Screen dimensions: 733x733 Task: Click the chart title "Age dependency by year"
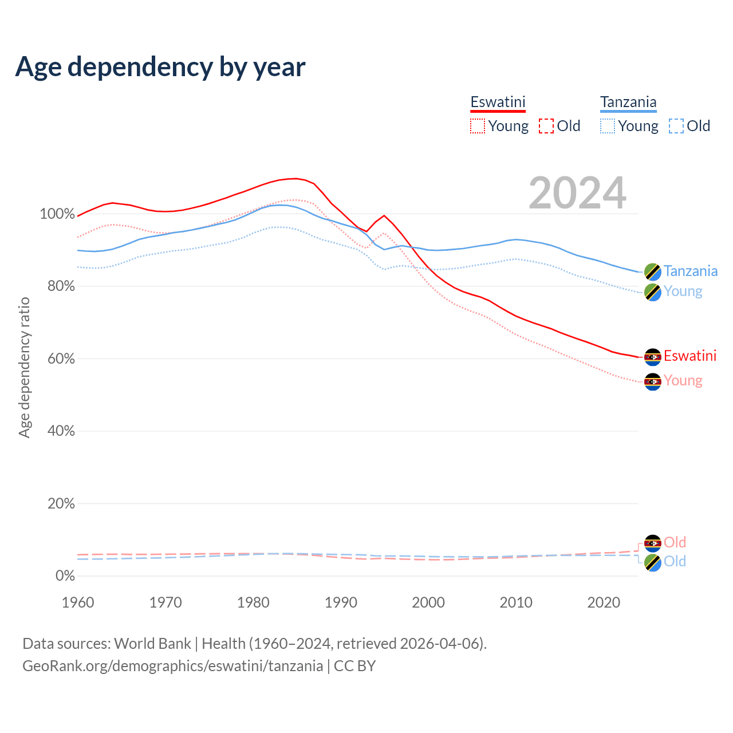pos(160,67)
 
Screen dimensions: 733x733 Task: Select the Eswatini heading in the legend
pos(498,103)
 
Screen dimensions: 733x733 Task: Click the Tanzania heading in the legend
pos(628,103)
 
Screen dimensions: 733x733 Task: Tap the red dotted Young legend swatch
pos(478,126)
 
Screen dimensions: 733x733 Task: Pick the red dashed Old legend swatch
pos(546,126)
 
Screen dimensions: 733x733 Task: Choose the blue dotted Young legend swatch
pos(608,126)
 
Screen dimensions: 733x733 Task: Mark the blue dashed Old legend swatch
pos(676,126)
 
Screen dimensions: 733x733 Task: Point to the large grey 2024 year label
pos(577,193)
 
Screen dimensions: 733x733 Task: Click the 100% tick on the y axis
pos(57,214)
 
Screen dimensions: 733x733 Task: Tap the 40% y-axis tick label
pos(61,431)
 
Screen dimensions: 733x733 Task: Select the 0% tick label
pos(65,576)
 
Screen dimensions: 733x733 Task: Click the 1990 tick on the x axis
pos(341,602)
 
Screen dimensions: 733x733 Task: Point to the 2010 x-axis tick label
pos(516,602)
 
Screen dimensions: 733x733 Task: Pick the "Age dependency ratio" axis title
pos(24,367)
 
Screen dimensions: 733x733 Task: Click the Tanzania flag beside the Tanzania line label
pos(653,271)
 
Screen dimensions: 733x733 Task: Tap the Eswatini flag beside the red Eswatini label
pos(653,357)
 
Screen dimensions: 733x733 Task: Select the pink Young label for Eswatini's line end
pos(683,381)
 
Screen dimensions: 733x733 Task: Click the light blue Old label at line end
pos(675,562)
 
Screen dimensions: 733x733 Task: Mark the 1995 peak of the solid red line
pos(384,216)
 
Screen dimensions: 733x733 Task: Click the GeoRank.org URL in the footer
pos(172,666)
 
